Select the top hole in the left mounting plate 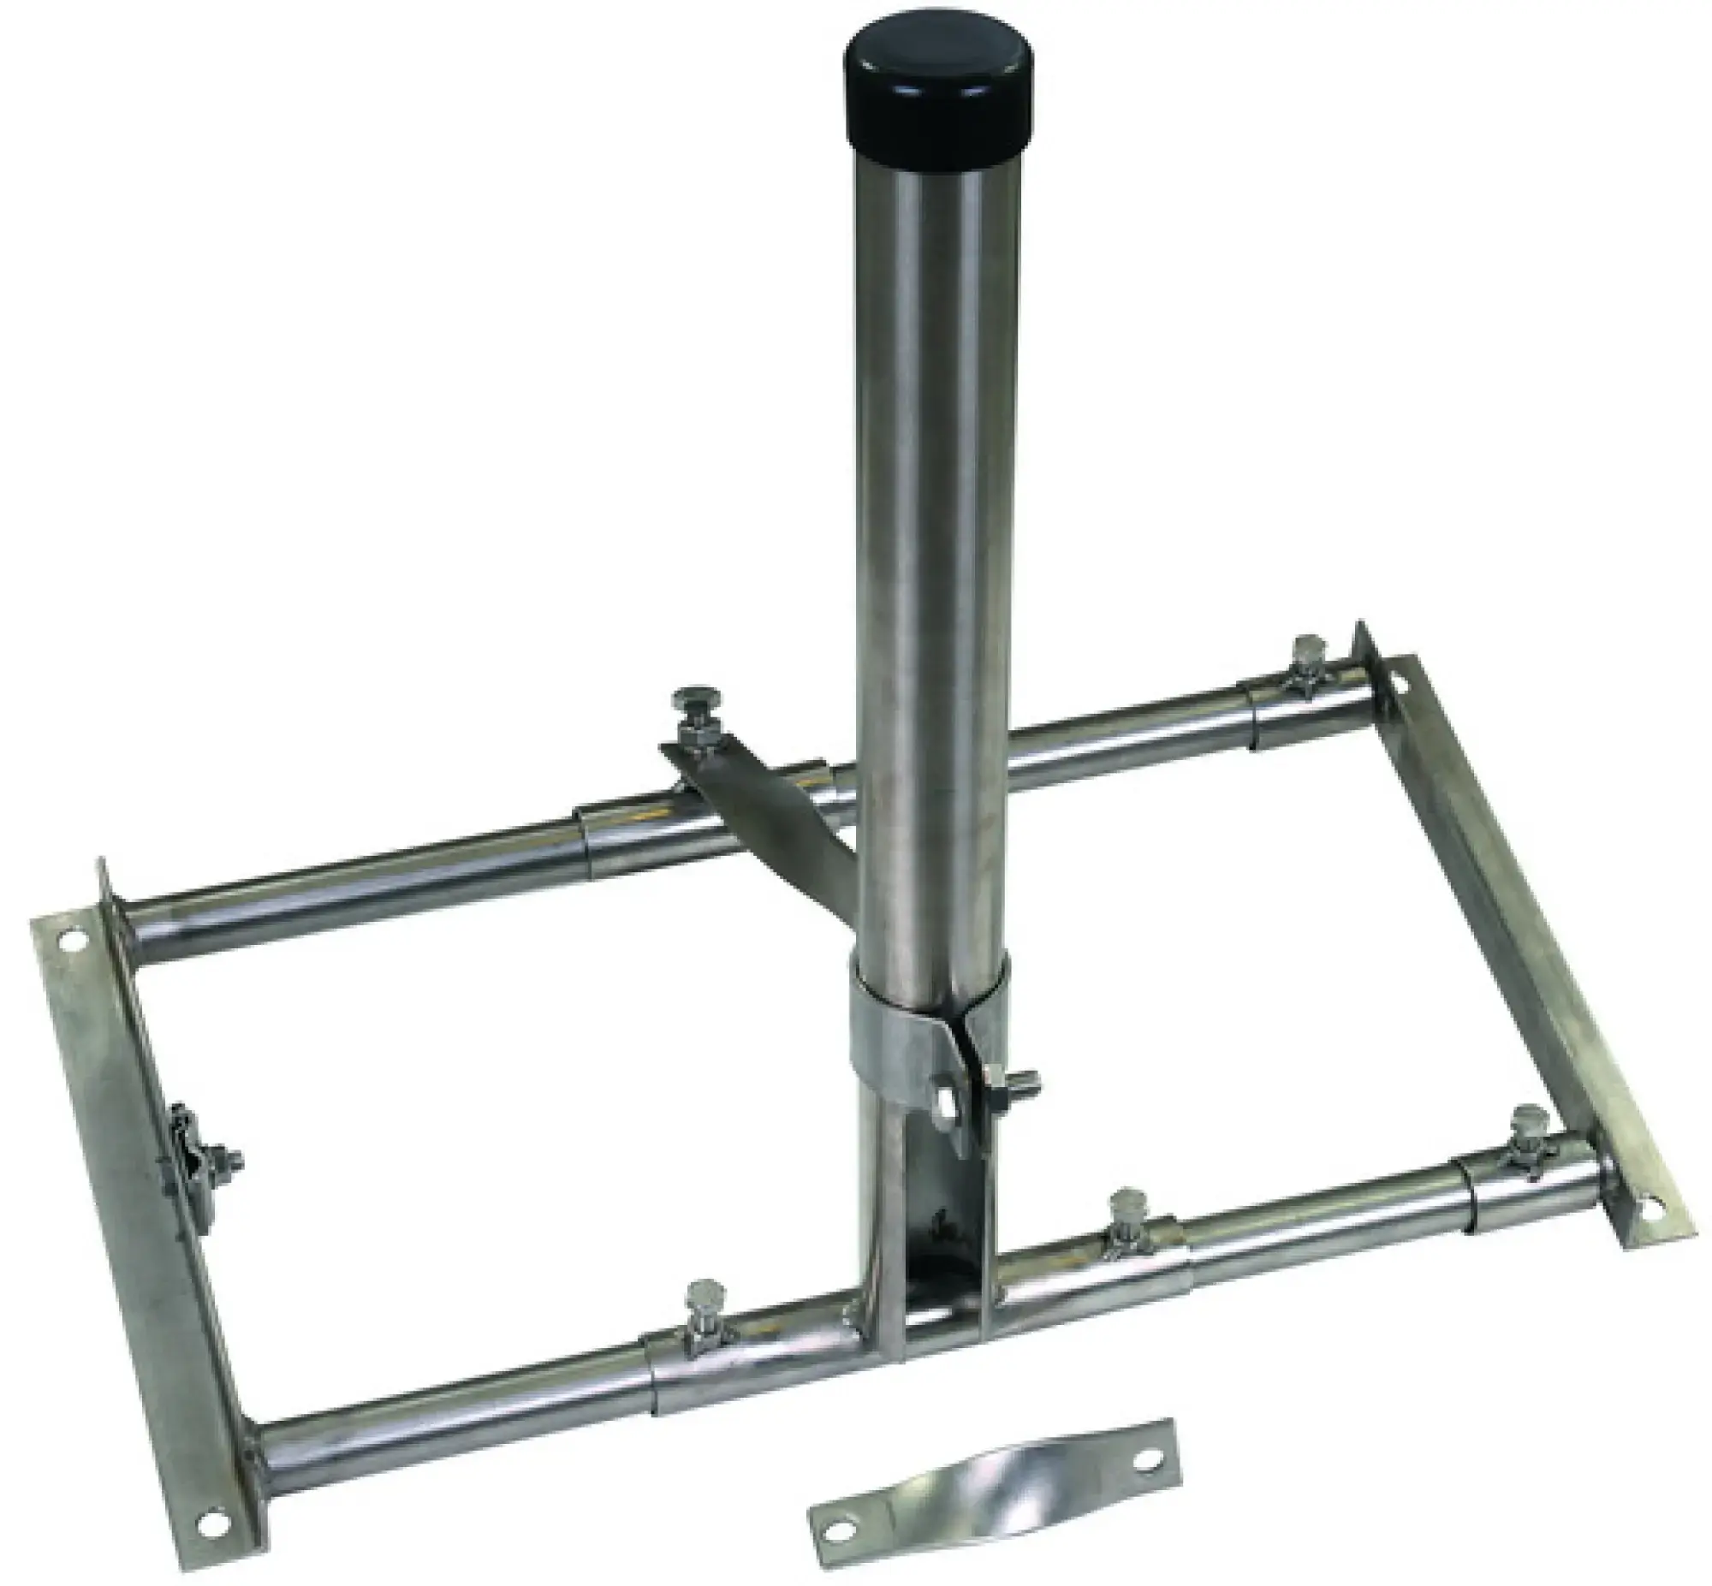(73, 938)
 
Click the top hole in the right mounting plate (1396, 685)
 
